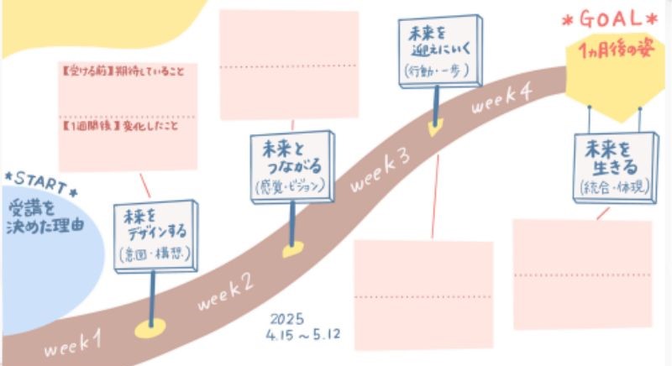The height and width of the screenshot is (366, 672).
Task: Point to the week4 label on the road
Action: [501, 101]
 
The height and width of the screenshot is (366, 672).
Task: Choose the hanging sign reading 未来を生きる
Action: [613, 166]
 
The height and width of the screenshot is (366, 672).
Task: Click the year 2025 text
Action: [289, 320]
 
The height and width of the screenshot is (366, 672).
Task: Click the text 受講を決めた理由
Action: [46, 214]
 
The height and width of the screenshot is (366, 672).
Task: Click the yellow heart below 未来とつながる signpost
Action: [291, 250]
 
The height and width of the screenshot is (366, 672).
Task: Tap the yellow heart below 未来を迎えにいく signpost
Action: [434, 130]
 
